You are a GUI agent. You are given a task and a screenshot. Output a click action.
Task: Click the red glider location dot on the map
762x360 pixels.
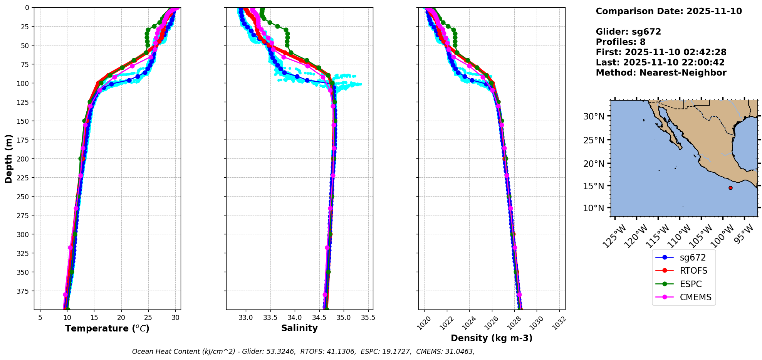(730, 188)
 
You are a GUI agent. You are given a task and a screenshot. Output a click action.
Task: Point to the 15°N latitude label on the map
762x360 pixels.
(594, 186)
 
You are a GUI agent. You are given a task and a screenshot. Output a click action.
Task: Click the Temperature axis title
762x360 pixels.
(107, 328)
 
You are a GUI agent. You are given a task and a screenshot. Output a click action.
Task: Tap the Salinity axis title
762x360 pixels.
(299, 328)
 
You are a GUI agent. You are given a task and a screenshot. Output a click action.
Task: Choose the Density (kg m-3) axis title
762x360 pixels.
(492, 338)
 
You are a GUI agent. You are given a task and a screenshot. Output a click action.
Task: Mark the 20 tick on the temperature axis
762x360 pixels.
(121, 318)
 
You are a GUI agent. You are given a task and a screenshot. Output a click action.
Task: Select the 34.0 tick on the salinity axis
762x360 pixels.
(294, 318)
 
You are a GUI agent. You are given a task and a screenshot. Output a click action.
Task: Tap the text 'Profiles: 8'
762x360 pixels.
(620, 42)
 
